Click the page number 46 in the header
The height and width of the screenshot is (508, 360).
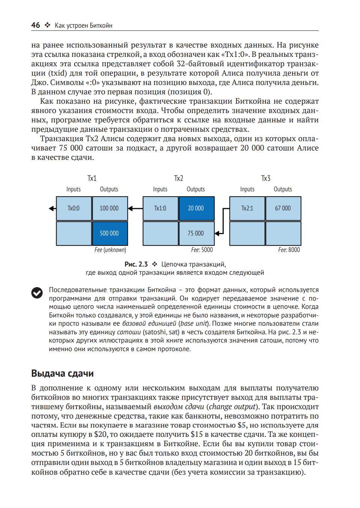[36, 25]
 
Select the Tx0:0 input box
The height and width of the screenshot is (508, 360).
[74, 208]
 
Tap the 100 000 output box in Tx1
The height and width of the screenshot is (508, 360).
[109, 208]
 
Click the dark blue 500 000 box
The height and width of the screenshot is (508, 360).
[109, 233]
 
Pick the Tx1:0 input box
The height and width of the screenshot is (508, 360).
[160, 208]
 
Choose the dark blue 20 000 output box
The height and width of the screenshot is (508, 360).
[196, 208]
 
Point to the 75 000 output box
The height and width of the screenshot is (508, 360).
[196, 233]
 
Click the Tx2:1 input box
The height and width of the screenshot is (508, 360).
[247, 208]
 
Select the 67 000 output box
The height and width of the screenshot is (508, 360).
[283, 208]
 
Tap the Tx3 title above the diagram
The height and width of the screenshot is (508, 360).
[266, 178]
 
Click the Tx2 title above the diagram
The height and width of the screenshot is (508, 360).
[179, 178]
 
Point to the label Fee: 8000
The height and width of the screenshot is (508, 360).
[289, 250]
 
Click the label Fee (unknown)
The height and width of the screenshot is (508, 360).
[110, 250]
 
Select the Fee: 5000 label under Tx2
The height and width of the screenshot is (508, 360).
[202, 250]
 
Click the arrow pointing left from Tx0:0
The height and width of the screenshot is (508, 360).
[52, 208]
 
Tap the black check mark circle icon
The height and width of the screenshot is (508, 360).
[37, 293]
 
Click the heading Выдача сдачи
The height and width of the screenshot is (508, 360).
[63, 373]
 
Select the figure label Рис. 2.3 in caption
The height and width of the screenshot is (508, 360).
[136, 264]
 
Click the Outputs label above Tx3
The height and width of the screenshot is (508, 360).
[283, 189]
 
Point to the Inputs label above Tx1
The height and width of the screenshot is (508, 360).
[73, 189]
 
